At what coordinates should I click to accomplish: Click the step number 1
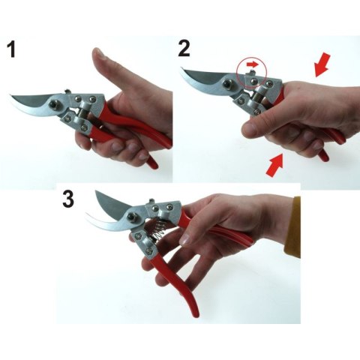(11, 50)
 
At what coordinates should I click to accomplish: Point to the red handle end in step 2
(324, 154)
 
